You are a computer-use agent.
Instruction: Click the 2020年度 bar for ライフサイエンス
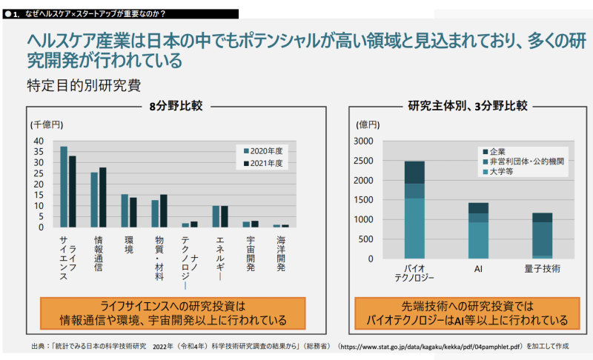[64, 187]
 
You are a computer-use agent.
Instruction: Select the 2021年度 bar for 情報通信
[102, 197]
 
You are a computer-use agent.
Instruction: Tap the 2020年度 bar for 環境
[125, 210]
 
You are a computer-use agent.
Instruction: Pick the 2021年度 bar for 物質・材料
[164, 210]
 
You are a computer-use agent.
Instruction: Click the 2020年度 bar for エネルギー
[216, 216]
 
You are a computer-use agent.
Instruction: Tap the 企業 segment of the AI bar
[478, 208]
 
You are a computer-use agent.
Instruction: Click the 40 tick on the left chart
[39, 141]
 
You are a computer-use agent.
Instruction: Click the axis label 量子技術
[542, 267]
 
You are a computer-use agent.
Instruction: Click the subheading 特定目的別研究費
[83, 84]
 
